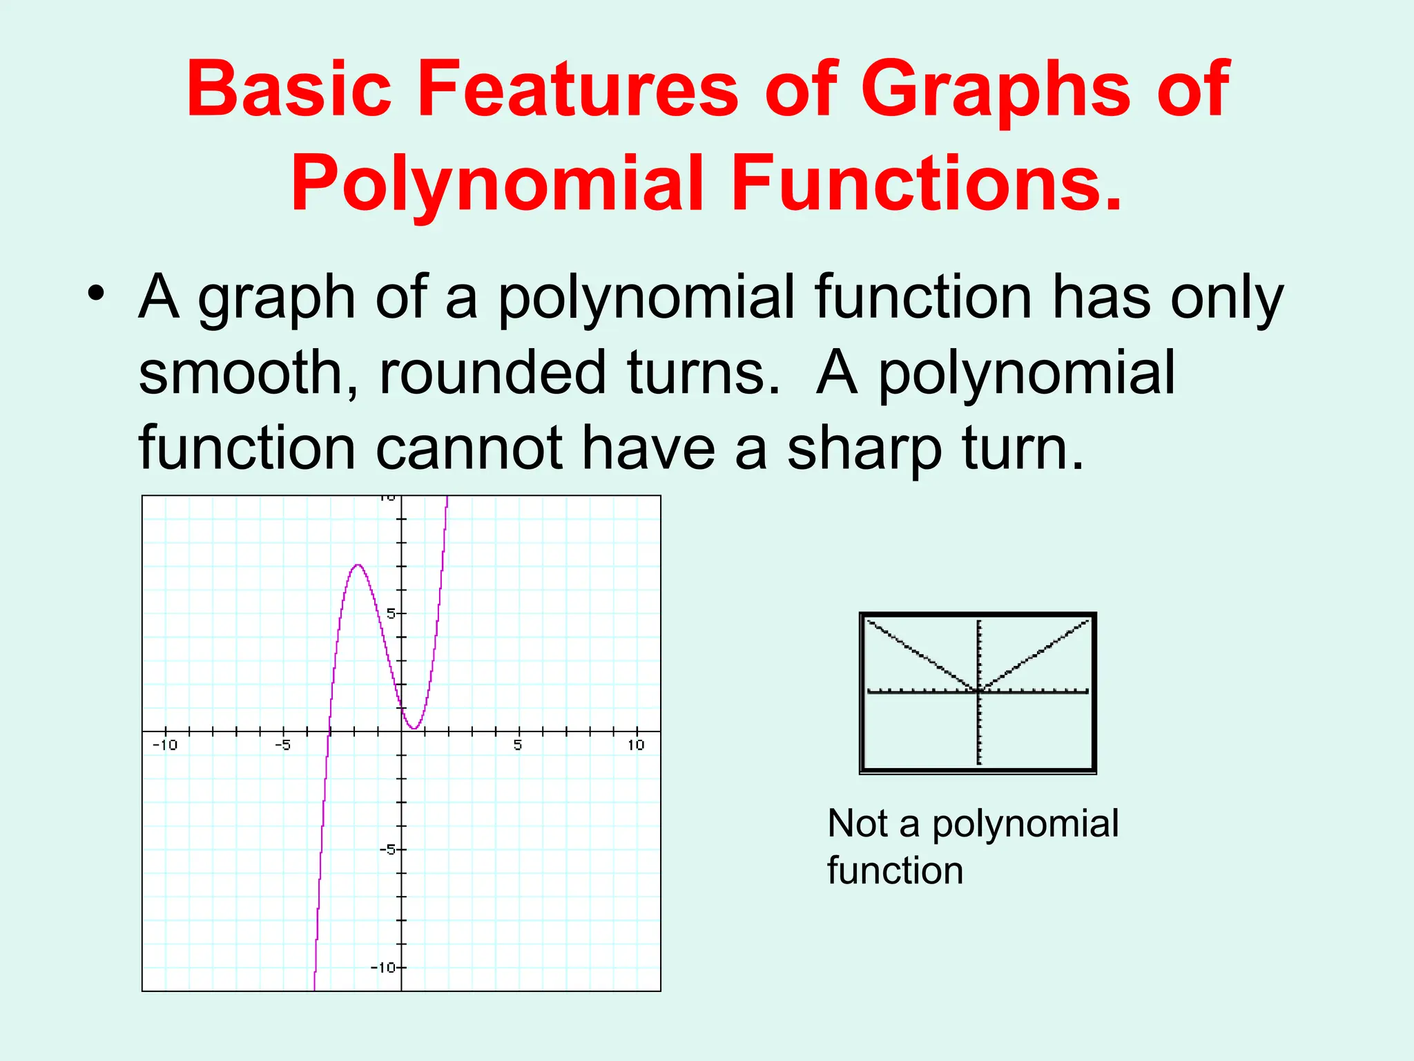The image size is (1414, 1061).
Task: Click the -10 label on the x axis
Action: click(x=164, y=745)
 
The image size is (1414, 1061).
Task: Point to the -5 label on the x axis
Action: click(x=282, y=745)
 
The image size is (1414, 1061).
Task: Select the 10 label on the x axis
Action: click(x=636, y=745)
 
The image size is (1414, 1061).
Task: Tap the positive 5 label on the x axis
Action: click(x=518, y=745)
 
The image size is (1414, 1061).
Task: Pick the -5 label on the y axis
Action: click(x=388, y=850)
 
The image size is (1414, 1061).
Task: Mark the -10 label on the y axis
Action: click(x=384, y=968)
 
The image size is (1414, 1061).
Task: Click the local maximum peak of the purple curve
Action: click(x=358, y=566)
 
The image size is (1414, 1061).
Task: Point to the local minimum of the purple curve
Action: click(x=413, y=728)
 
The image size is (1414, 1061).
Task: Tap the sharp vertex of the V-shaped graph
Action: click(x=979, y=689)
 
